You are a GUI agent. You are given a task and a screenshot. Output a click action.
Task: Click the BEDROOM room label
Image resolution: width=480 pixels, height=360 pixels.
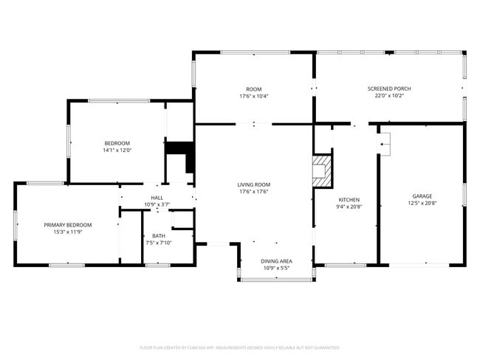click(117, 143)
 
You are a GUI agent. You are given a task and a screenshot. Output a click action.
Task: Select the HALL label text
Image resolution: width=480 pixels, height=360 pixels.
click(157, 198)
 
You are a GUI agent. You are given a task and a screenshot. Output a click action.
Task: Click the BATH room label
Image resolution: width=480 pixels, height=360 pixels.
click(160, 236)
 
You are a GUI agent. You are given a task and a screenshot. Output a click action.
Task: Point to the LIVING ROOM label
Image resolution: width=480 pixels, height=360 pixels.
click(253, 184)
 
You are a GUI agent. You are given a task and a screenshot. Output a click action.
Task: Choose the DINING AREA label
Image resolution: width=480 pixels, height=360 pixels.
click(276, 261)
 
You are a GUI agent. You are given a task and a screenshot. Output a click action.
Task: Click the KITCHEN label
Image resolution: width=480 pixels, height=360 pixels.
click(349, 201)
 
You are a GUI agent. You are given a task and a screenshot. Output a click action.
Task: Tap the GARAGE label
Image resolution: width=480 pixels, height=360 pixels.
click(422, 196)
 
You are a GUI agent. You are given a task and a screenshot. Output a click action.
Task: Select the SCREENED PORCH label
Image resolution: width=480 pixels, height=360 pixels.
click(389, 89)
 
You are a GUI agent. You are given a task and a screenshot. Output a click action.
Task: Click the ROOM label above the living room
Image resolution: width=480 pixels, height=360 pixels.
click(254, 89)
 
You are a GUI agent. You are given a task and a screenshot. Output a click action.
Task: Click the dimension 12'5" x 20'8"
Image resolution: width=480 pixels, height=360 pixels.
click(422, 204)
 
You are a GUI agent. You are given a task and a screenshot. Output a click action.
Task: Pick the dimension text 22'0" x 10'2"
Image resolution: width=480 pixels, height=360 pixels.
click(389, 96)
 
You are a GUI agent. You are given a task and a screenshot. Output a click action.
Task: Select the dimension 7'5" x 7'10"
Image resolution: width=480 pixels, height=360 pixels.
click(160, 243)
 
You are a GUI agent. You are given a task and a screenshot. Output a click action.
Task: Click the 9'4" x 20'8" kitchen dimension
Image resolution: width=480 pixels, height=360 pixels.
click(349, 207)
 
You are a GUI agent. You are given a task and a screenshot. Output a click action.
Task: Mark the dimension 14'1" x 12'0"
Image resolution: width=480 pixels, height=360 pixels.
click(117, 150)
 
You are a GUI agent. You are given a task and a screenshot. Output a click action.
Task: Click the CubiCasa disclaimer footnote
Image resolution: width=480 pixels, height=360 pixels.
click(239, 347)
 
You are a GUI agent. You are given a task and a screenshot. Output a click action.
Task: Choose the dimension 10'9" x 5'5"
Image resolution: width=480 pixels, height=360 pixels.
click(276, 268)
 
